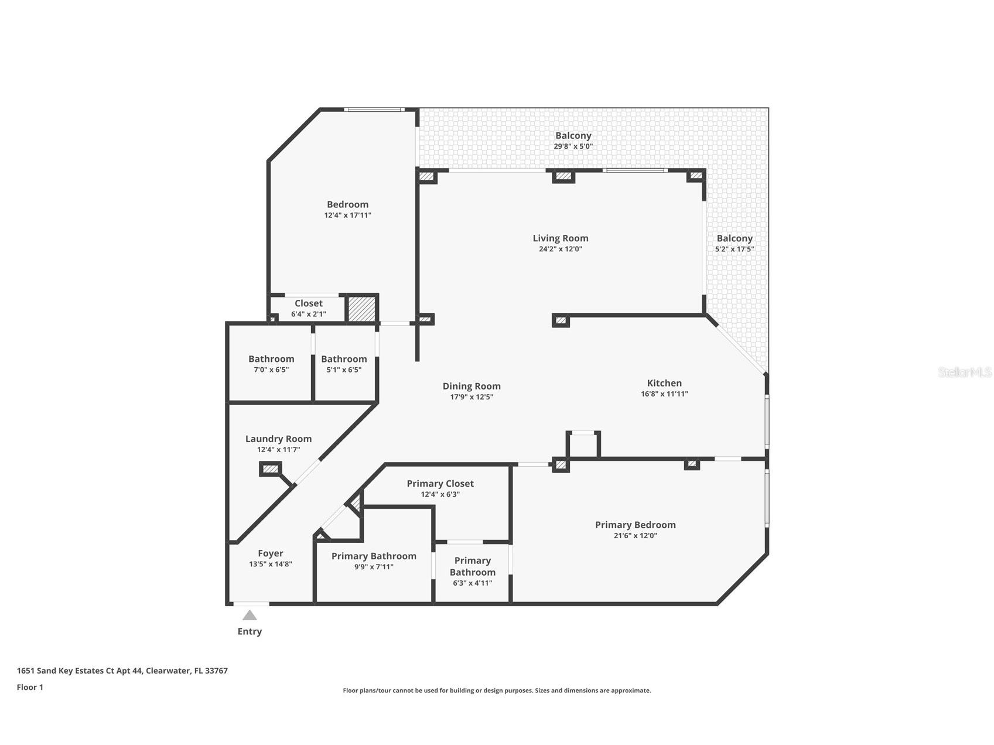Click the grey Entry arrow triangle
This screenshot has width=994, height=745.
[x=250, y=615]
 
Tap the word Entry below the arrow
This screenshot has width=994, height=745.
[x=250, y=631]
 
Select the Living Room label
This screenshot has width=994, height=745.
[x=560, y=238]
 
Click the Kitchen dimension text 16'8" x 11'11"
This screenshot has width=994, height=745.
[x=664, y=394]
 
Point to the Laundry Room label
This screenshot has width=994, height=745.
[x=278, y=439]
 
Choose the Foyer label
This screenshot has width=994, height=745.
[x=270, y=553]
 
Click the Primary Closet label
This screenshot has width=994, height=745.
[x=440, y=484]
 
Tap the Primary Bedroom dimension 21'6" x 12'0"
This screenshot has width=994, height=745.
[x=635, y=535]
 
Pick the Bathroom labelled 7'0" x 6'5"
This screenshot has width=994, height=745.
[x=271, y=359]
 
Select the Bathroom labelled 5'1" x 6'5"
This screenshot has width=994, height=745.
[x=344, y=359]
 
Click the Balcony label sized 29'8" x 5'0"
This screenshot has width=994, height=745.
[x=573, y=136]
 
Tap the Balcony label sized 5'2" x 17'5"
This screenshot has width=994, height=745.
[x=734, y=238]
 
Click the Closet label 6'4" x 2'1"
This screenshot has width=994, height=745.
[x=308, y=303]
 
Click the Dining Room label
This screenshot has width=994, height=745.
[x=472, y=386]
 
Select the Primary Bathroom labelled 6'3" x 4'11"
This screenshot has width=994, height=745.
[x=472, y=567]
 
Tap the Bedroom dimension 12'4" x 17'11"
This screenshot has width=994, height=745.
[x=347, y=215]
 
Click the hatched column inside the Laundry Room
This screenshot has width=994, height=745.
[x=270, y=469]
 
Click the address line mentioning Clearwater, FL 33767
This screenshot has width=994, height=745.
[x=122, y=671]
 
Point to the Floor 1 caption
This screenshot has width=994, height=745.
[x=30, y=687]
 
